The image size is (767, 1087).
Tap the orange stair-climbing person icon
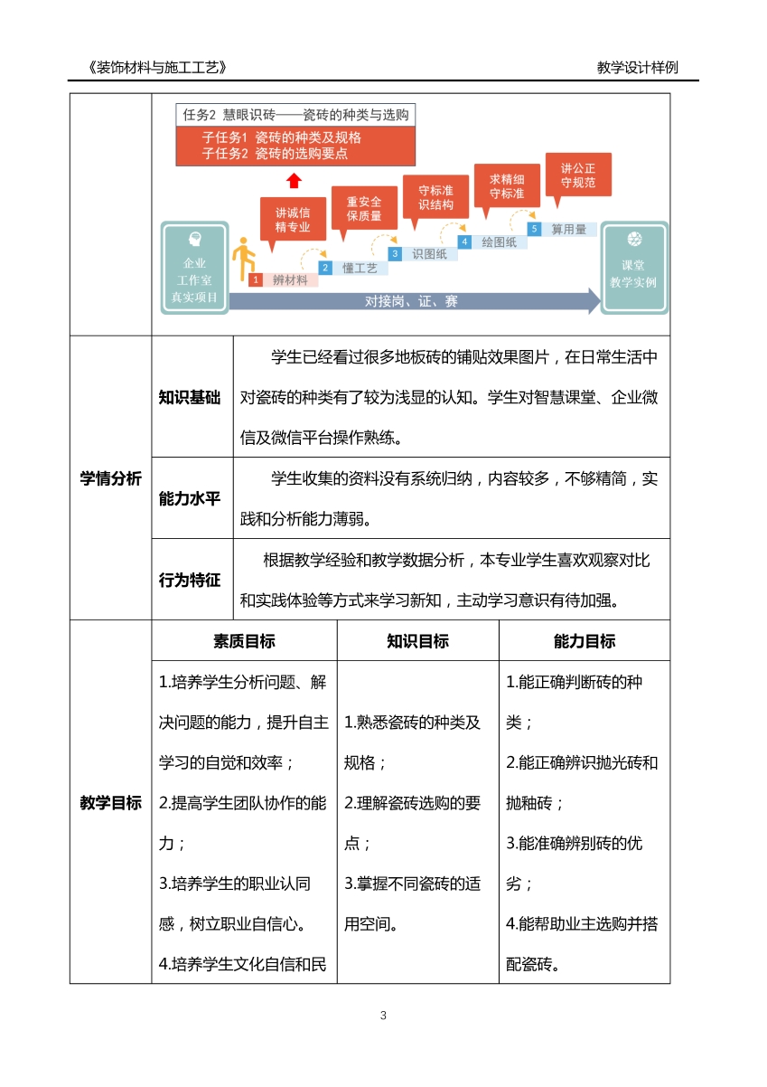tap(241, 260)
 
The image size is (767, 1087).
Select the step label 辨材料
tap(290, 280)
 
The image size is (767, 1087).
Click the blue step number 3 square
tap(394, 254)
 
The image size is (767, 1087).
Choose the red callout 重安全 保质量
tap(363, 208)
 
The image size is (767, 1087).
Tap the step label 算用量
tap(568, 230)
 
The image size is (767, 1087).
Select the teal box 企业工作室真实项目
tap(194, 268)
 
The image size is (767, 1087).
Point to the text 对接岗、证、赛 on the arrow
tap(411, 301)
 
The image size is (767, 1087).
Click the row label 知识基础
tap(190, 398)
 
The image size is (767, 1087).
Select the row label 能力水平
tap(190, 498)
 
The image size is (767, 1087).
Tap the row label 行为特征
tap(190, 581)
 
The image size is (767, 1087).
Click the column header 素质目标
tap(244, 641)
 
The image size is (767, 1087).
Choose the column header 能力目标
tap(585, 641)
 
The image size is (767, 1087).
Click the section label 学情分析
tap(110, 479)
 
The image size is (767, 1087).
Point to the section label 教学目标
tap(110, 802)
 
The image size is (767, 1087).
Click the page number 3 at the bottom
tap(384, 1016)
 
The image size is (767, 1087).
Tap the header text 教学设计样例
tap(637, 68)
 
